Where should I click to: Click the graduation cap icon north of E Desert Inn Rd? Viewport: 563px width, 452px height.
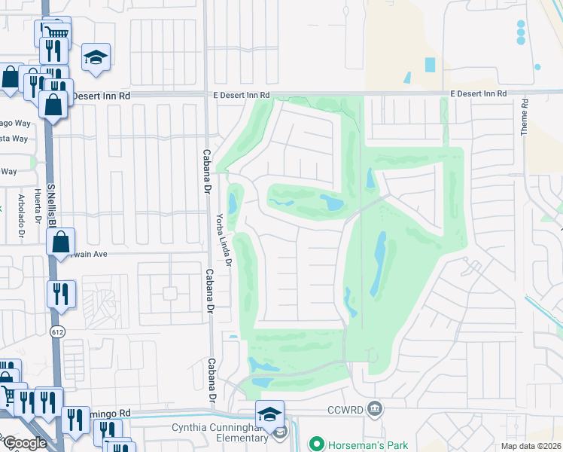click(x=96, y=58)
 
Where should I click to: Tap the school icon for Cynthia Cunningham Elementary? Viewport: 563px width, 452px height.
click(x=269, y=414)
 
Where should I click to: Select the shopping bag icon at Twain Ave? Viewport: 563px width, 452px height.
click(x=61, y=243)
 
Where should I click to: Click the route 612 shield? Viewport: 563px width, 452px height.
click(x=57, y=331)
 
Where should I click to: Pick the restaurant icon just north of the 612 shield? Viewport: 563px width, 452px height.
click(x=61, y=294)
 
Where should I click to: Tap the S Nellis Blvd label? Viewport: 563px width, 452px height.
click(x=51, y=203)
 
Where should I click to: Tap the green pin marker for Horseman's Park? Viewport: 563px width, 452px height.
click(x=316, y=444)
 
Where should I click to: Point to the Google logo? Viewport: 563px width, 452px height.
click(x=26, y=443)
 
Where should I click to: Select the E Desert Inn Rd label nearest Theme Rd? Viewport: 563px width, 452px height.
click(x=479, y=93)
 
